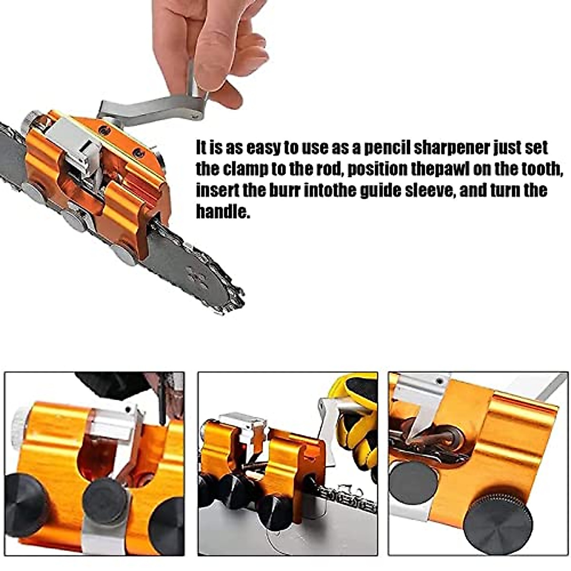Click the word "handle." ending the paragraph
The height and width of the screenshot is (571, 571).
[223, 211]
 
